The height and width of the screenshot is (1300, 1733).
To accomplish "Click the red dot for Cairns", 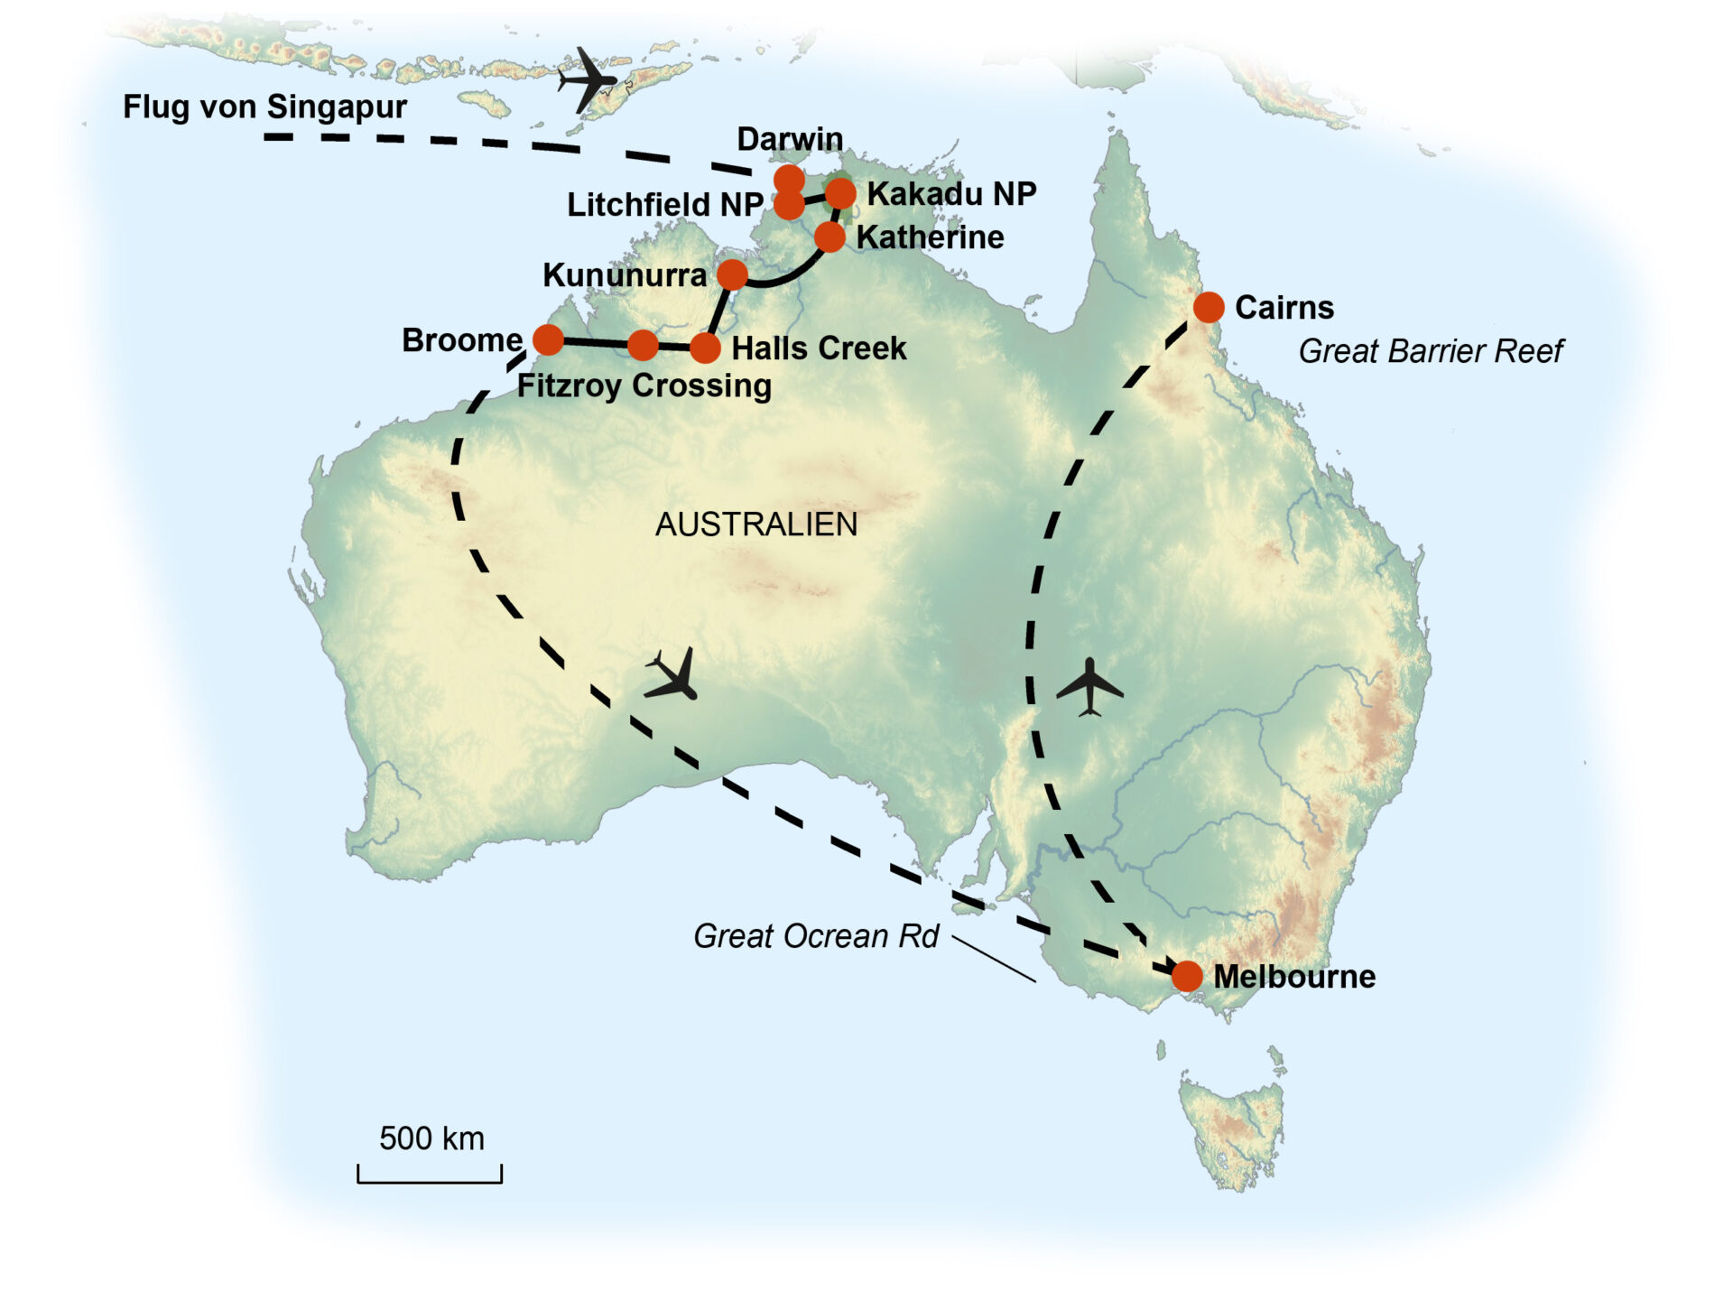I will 1208,307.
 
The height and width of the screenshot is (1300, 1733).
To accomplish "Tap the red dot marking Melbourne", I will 1187,975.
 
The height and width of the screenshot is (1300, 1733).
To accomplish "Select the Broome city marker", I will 548,340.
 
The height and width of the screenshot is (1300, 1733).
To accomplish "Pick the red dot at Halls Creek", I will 705,348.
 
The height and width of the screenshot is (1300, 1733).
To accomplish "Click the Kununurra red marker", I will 732,274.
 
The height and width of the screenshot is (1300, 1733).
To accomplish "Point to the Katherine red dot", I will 829,237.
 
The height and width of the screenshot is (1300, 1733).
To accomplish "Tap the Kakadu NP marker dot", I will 840,192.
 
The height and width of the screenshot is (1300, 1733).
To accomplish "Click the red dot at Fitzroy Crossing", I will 643,344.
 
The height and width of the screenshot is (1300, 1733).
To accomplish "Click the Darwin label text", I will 790,139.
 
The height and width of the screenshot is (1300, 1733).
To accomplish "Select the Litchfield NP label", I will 665,205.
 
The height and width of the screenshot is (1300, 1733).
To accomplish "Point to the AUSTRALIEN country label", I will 756,525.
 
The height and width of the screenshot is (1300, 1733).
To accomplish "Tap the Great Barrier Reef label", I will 1431,351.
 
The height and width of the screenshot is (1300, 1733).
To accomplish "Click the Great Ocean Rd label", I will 816,936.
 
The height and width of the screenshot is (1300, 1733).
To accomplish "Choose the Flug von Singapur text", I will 264,107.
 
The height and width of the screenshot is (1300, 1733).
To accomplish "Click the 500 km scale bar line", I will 430,1180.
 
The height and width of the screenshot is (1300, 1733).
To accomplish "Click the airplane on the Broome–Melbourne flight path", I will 673,675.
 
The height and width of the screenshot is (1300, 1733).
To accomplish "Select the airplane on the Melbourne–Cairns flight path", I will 1090,688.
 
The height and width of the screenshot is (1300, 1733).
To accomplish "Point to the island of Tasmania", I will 1232,1128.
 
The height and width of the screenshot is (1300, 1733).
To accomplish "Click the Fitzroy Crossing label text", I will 644,386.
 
